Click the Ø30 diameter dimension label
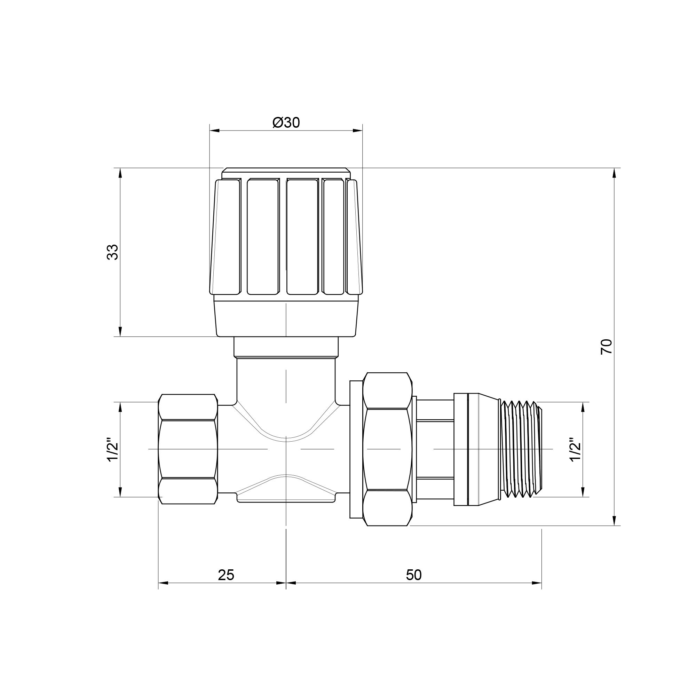click(286, 123)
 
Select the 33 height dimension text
click(112, 252)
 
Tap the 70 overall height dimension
click(606, 347)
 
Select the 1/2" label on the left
click(112, 449)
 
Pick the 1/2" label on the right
click(575, 449)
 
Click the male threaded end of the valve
click(521, 449)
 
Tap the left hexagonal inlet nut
click(188, 449)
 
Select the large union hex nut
click(388, 449)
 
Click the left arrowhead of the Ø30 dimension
click(214, 130)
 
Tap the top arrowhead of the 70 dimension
click(614, 173)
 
